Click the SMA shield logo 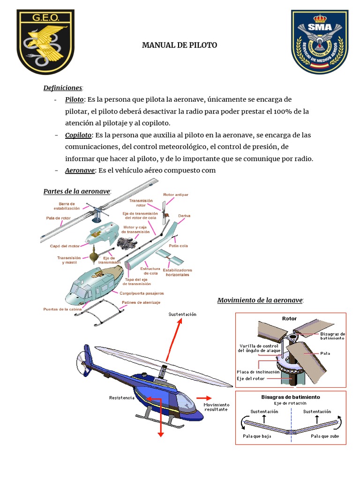[x=320, y=41]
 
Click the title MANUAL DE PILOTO [x=180, y=45]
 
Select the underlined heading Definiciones [x=63, y=88]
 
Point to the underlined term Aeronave [x=80, y=170]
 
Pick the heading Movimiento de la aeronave [x=260, y=300]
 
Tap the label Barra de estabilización [x=67, y=207]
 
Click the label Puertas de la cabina [x=62, y=309]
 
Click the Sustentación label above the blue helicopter [x=182, y=314]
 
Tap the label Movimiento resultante [x=216, y=407]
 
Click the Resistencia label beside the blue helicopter [x=122, y=397]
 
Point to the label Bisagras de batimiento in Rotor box [x=332, y=335]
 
